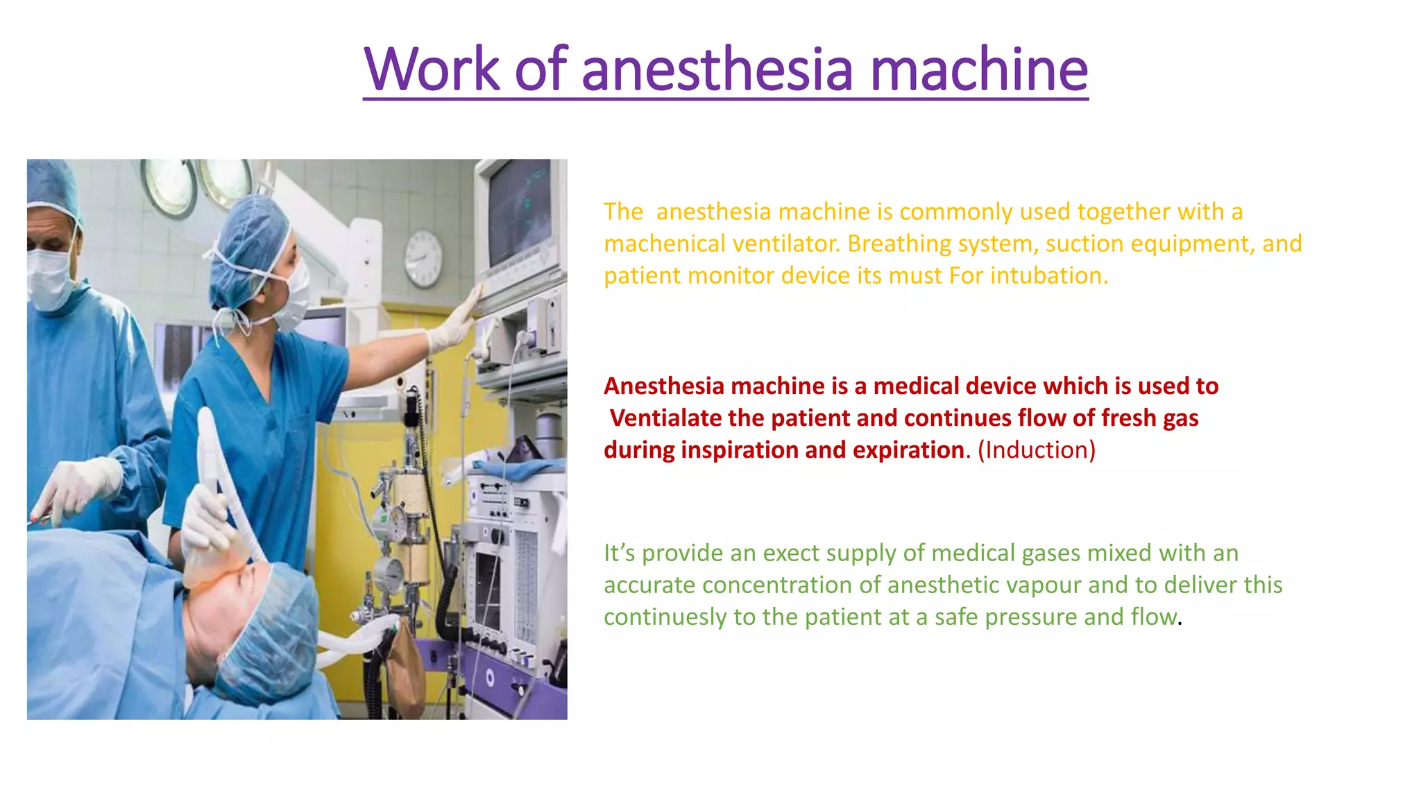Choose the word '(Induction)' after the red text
pyautogui.click(x=1037, y=450)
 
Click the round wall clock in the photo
pyautogui.click(x=423, y=259)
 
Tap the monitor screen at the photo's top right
pyautogui.click(x=520, y=208)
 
